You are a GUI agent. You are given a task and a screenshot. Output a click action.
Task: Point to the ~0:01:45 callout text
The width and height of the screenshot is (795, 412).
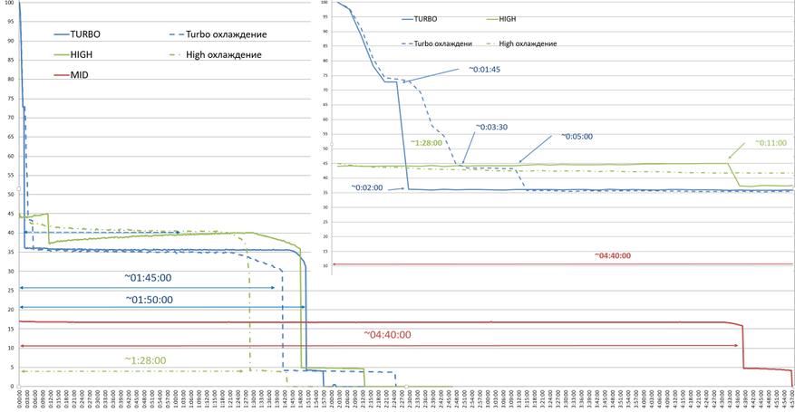pos(484,69)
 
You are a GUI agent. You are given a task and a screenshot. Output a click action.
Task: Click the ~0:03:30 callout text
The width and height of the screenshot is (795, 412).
pos(494,127)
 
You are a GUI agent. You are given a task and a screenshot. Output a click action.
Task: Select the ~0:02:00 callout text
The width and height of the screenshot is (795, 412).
pos(367,187)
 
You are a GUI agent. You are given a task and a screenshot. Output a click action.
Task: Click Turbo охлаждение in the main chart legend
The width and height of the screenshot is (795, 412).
pos(227,34)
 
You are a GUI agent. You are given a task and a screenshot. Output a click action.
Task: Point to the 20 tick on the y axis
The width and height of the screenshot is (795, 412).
pos(10,309)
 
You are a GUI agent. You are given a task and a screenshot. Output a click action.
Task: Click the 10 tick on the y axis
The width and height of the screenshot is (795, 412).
pos(10,348)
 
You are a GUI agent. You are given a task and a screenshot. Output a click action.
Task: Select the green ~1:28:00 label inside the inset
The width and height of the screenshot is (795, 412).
pos(425,142)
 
